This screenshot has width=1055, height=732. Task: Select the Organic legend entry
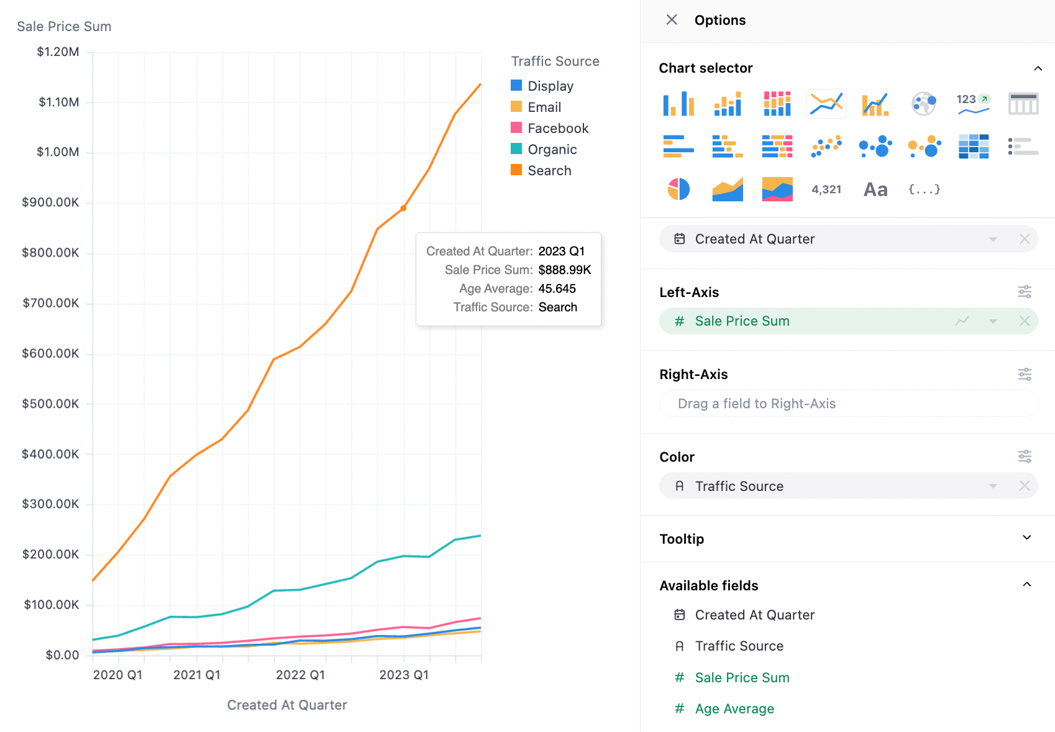tap(544, 149)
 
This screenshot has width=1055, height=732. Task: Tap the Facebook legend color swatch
tap(516, 127)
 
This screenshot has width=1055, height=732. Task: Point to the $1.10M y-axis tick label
tap(58, 102)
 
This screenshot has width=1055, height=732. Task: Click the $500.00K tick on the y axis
tap(50, 404)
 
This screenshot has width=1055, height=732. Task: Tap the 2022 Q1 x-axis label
tap(301, 675)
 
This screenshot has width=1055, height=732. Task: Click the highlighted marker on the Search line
tap(404, 208)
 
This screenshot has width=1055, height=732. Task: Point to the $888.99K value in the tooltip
tap(565, 270)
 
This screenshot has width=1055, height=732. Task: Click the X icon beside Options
tap(672, 20)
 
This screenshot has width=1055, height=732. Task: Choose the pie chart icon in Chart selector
tap(678, 189)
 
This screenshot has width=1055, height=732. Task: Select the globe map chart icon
tap(924, 104)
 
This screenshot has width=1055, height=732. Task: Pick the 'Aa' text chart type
tap(875, 190)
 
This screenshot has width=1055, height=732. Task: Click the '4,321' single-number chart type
tap(826, 190)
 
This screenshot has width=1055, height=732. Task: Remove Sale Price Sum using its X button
tap(1025, 321)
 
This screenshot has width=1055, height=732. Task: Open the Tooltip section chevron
tap(1027, 538)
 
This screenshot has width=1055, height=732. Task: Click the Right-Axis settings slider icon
tap(1025, 375)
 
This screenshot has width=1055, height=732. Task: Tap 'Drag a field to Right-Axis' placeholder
tap(756, 404)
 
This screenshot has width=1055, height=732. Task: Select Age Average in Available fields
tap(734, 708)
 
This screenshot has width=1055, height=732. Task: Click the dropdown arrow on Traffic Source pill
tap(993, 486)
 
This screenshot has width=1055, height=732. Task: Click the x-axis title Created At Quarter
tap(287, 705)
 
